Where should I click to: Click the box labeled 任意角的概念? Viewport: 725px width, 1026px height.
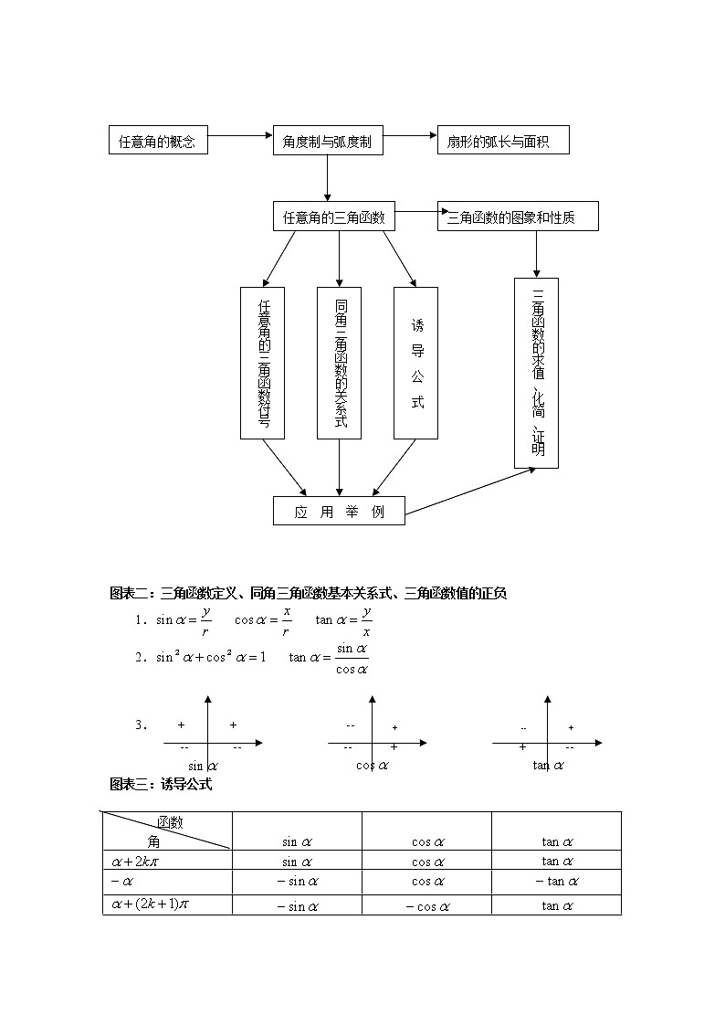[x=157, y=142]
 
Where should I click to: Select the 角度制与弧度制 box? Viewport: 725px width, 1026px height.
[x=327, y=142]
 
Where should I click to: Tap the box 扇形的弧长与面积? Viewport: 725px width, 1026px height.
[x=504, y=142]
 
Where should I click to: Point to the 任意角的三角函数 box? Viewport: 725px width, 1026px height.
[x=333, y=217]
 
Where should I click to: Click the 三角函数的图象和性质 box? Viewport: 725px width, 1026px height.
[x=518, y=217]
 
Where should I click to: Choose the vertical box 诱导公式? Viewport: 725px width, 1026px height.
[x=416, y=363]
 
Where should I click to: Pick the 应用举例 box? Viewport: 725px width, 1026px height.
[x=339, y=512]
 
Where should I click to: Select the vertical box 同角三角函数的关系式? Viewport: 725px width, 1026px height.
[x=340, y=363]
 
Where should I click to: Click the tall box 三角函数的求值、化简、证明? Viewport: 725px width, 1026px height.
[x=537, y=373]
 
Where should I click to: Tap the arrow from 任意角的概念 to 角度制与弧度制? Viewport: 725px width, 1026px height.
[x=239, y=137]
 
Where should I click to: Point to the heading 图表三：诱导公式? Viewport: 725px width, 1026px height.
[x=161, y=784]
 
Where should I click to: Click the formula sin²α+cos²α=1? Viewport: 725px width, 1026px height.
[x=211, y=657]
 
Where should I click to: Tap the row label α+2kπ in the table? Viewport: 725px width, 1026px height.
[x=137, y=862]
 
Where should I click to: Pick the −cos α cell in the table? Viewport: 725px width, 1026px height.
[x=427, y=906]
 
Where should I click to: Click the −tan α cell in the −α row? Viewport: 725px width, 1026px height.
[x=556, y=882]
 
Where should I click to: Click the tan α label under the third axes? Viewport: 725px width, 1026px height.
[x=548, y=766]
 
